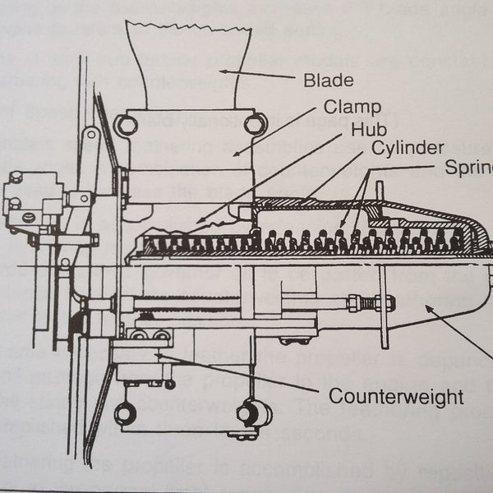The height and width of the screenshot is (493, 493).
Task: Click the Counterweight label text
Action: [396, 397]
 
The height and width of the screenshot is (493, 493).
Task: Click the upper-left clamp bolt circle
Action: [126, 125]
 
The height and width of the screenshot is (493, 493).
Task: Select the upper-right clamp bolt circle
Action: [256, 124]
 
